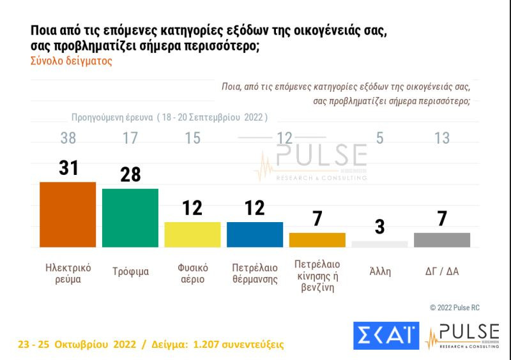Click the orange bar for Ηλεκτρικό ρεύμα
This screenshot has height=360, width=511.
point(68,214)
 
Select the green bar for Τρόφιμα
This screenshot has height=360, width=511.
point(130,218)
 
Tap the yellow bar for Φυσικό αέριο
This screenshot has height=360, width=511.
point(192,234)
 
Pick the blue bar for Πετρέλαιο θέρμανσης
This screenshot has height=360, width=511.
point(255,234)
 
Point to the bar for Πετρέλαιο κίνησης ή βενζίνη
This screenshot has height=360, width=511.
point(317,240)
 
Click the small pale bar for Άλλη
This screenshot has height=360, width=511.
point(379,244)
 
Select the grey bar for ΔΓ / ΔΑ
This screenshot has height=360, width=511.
point(442,240)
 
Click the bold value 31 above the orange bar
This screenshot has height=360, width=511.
point(68,168)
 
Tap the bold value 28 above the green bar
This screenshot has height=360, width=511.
point(130,175)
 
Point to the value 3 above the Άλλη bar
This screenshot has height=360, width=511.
point(379,227)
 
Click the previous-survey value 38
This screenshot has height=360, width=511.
point(68,138)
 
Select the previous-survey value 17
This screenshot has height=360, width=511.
point(130,138)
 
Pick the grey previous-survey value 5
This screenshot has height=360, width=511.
point(379,138)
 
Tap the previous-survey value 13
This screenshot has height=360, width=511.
point(442,138)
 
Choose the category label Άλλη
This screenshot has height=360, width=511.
point(380,271)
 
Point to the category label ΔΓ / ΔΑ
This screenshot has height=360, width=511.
point(443,271)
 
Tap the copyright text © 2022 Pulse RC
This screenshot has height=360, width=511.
point(454,308)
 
